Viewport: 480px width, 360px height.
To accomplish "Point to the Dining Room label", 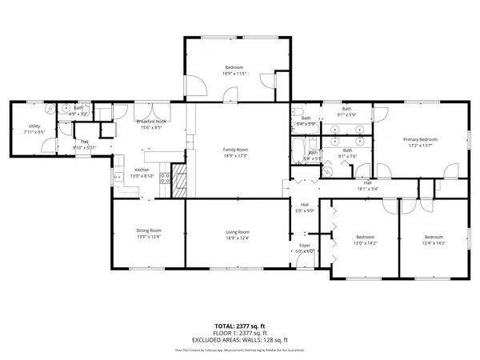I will (x=149, y=231).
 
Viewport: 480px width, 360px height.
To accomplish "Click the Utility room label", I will (x=34, y=126).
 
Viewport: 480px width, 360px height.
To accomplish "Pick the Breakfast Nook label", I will (x=150, y=122).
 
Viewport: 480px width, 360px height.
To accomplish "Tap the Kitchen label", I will (x=142, y=170).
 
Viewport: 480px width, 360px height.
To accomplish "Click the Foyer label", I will (x=305, y=245).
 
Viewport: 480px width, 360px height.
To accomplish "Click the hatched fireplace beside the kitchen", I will (x=182, y=186).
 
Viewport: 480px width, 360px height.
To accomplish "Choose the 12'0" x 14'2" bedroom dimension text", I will (x=366, y=243).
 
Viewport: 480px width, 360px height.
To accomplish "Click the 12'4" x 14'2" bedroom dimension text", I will (x=434, y=243).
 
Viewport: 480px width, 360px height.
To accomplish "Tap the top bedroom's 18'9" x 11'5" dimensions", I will (x=234, y=74).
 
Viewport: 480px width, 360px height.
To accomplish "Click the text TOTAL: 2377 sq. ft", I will (x=240, y=326).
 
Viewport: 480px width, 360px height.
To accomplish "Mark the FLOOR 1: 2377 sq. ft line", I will (x=240, y=333).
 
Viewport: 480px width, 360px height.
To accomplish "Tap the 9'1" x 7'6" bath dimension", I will (x=348, y=157).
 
